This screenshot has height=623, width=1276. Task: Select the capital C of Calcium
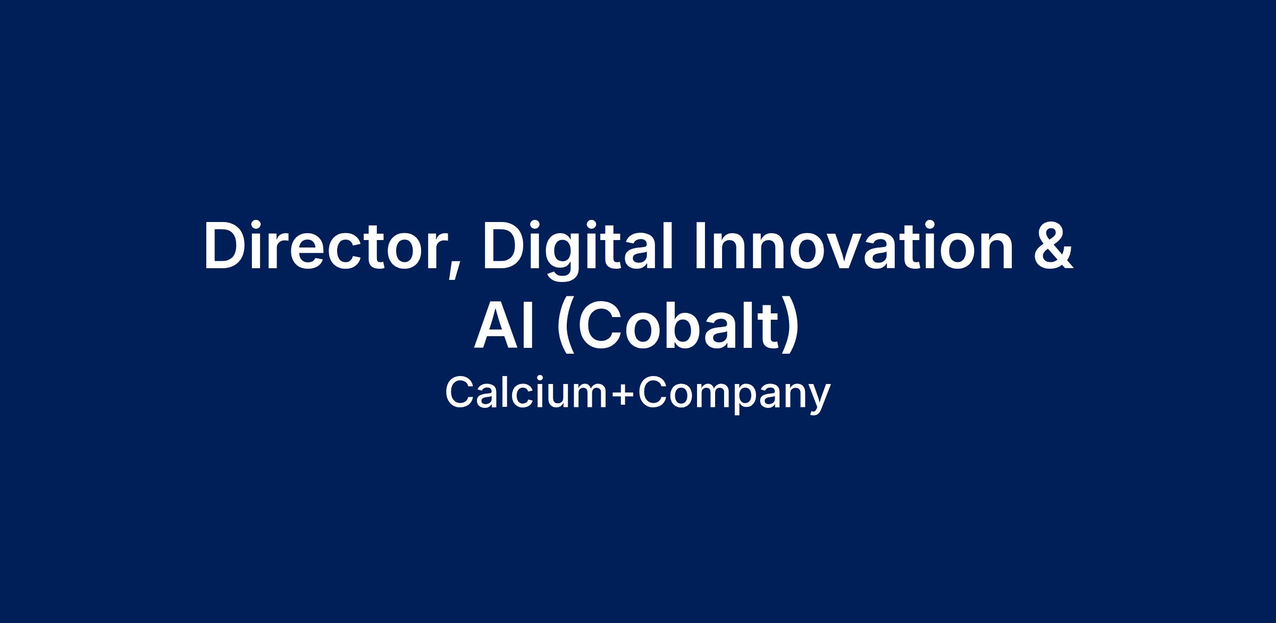point(460,394)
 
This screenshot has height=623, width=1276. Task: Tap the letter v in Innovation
point(848,253)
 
